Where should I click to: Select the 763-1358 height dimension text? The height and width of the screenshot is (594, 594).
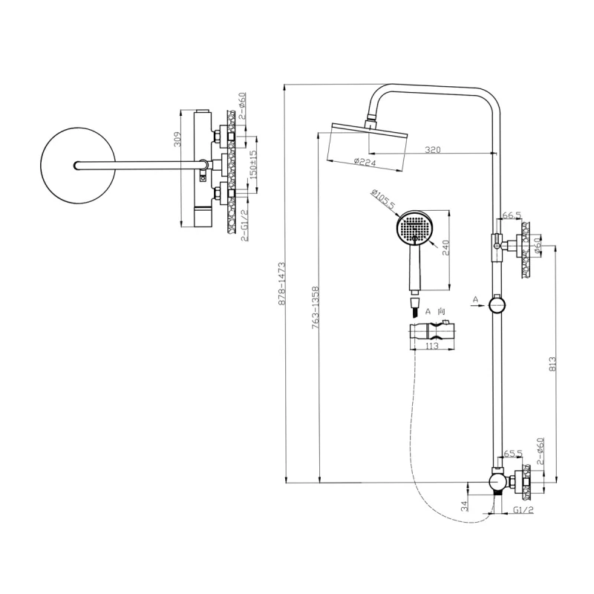[x=315, y=308]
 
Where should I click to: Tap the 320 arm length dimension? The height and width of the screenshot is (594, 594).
[x=433, y=150]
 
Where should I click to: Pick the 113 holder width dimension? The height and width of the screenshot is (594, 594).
[x=431, y=345]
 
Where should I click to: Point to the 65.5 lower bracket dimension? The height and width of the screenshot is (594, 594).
[x=513, y=453]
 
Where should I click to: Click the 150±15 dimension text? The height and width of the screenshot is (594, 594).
[x=253, y=166]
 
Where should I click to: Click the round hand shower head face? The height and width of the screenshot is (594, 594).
[x=414, y=227]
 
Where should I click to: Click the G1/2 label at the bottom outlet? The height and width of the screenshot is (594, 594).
[x=523, y=511]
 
